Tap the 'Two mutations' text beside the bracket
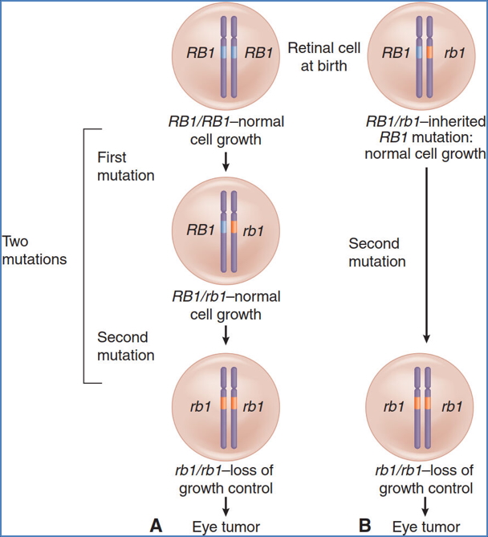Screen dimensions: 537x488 point(35,250)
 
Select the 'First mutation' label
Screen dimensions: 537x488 point(124,165)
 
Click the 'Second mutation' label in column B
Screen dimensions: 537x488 point(377,251)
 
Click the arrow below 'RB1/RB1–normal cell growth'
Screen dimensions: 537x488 point(226,161)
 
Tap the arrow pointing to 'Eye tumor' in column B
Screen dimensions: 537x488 point(426,505)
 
